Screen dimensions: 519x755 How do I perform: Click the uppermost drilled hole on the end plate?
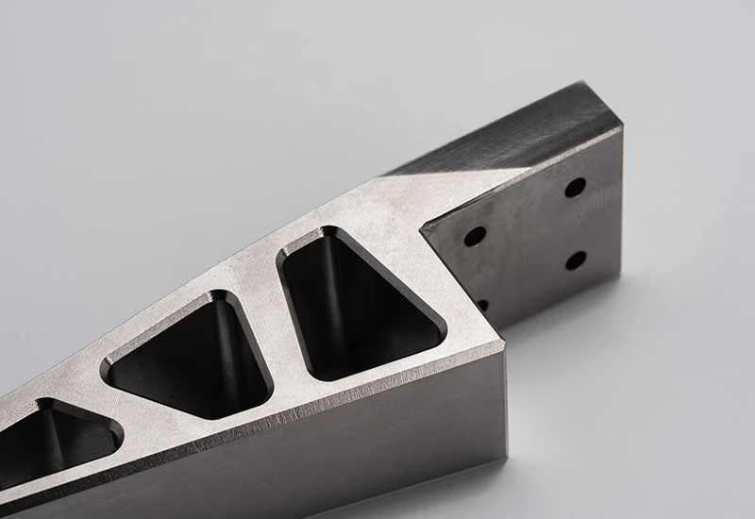[x=575, y=187]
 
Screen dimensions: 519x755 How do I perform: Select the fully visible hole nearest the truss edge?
[x=475, y=236]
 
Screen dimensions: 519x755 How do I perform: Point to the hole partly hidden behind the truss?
[x=482, y=305]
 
